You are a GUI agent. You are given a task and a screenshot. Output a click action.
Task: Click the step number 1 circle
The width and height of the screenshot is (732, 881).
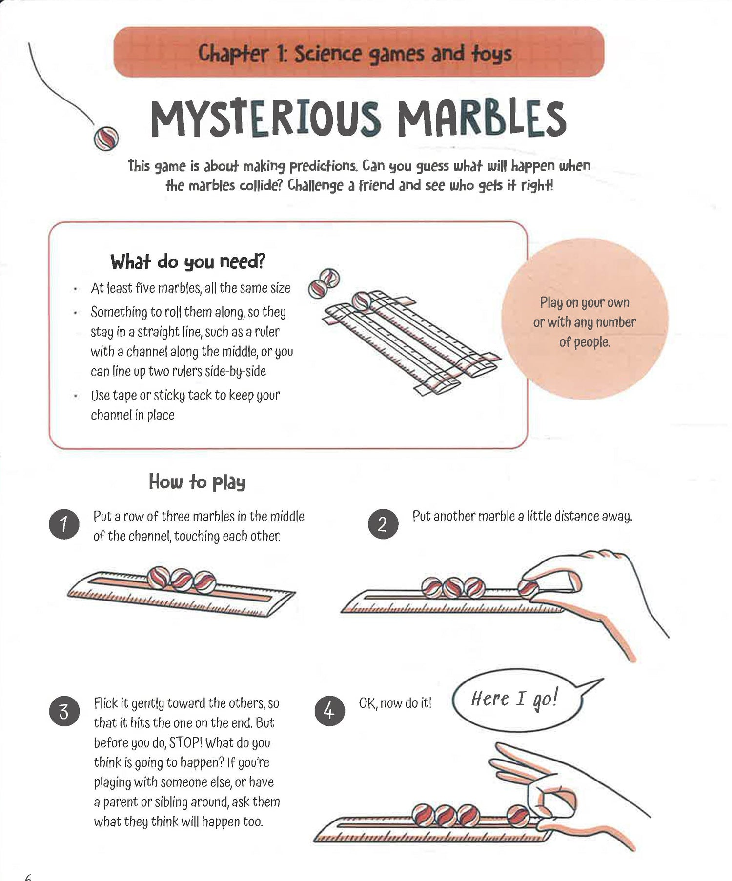[x=64, y=524]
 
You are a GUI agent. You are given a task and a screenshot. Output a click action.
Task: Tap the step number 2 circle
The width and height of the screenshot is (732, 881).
[x=383, y=524]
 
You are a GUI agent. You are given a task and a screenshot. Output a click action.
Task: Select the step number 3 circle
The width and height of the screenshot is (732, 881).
[x=64, y=712]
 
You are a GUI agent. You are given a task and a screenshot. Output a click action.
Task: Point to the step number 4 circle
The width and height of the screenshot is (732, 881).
[x=330, y=712]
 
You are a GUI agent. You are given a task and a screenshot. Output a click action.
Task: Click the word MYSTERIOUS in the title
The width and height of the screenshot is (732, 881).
[x=265, y=119]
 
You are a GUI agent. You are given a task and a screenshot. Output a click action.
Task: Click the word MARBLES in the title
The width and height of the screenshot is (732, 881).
[x=482, y=119]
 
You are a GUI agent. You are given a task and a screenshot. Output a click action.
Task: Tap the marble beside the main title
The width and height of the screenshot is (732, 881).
[x=106, y=138]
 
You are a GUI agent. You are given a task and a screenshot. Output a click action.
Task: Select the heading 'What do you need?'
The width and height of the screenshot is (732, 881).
[x=188, y=262]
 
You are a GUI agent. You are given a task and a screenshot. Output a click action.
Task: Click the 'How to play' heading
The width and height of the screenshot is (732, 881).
[x=197, y=481]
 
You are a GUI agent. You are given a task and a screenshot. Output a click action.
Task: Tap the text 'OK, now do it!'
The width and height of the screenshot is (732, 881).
[x=395, y=703]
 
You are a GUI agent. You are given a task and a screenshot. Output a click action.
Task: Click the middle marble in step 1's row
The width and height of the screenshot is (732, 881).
[x=182, y=578]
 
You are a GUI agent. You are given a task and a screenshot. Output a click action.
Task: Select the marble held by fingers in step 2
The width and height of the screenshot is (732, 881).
[x=528, y=587]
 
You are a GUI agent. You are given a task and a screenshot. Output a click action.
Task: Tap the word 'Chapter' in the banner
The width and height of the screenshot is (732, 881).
[x=233, y=54]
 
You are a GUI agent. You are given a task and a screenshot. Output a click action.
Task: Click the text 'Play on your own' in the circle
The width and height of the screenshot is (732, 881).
[x=585, y=303]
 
